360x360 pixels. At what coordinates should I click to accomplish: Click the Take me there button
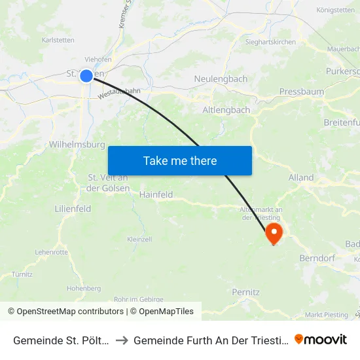(x=180, y=160)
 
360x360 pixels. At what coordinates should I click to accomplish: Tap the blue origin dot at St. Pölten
(x=86, y=76)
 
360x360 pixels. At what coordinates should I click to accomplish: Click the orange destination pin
(x=273, y=234)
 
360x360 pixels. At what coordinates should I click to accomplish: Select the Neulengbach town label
(x=221, y=79)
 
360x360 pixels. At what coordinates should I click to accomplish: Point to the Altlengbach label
(x=226, y=110)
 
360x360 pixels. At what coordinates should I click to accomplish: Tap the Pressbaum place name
(x=301, y=92)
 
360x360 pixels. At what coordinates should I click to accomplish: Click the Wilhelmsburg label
(x=77, y=144)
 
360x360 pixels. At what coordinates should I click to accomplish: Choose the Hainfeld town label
(x=156, y=194)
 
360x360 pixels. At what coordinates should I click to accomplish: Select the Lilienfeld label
(x=73, y=208)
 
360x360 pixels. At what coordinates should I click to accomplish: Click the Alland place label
(x=301, y=177)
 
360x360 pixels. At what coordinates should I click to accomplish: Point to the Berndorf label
(x=317, y=258)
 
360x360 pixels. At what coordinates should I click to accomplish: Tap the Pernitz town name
(x=245, y=292)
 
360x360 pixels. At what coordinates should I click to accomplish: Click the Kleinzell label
(x=139, y=240)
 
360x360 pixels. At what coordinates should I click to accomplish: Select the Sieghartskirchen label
(x=270, y=42)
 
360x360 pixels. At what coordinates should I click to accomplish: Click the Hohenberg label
(x=83, y=288)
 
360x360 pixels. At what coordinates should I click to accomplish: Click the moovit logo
(x=321, y=340)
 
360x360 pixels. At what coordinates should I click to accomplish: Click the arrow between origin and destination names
(x=122, y=340)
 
